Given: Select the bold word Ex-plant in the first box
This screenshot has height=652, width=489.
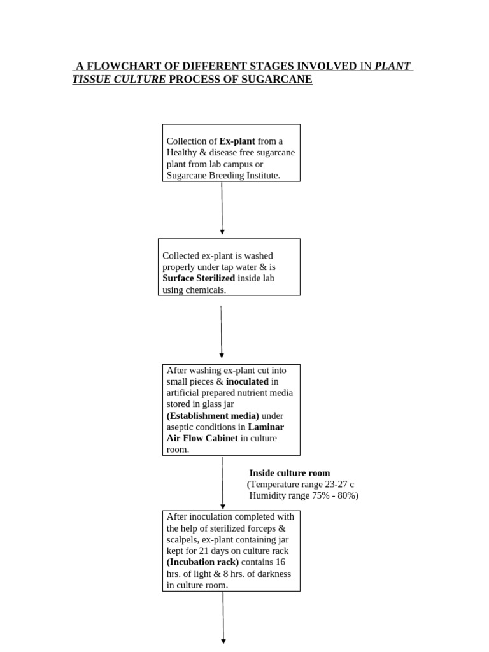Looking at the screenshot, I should click(237, 141).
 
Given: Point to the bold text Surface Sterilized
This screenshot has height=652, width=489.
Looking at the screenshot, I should click(199, 278).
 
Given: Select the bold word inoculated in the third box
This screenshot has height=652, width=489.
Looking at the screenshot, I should click(247, 381).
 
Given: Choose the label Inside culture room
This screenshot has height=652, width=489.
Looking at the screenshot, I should click(290, 473).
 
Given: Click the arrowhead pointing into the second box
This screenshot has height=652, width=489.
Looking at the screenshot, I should click(222, 232).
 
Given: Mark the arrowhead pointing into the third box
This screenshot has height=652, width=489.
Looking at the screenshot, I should click(222, 355).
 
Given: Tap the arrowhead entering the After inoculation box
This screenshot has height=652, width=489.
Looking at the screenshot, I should click(223, 506).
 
